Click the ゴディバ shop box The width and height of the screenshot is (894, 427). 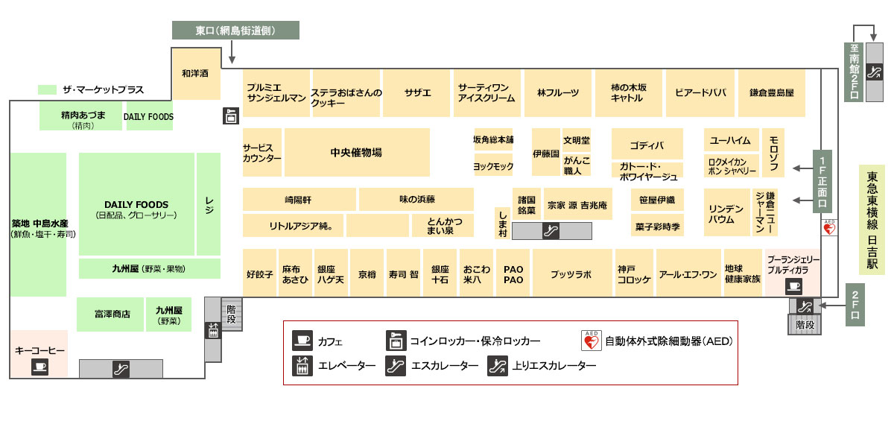click(647, 144)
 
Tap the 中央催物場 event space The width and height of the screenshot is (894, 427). click(357, 152)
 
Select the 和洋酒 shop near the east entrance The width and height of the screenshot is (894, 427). click(195, 74)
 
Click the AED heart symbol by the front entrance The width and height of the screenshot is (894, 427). click(829, 228)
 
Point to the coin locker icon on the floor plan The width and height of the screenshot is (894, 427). click(231, 116)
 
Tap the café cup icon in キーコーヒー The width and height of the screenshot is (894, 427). click(40, 367)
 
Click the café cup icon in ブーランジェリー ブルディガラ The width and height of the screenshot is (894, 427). click(793, 286)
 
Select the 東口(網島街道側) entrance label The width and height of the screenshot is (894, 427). click(235, 31)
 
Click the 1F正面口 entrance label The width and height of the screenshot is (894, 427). click(822, 181)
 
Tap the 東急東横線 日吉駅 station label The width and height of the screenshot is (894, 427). click(872, 220)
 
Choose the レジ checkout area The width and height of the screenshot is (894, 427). click(209, 204)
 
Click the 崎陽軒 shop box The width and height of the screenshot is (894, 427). click(299, 199)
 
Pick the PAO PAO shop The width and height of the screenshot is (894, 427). click(513, 273)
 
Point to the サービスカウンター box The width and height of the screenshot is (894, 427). click(261, 152)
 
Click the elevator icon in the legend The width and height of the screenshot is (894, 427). click(302, 366)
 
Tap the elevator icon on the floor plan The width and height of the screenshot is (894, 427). click(213, 330)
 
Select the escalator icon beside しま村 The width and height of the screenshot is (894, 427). click(551, 231)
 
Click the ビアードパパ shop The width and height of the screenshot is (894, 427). click(700, 93)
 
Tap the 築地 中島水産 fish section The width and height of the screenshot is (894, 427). click(38, 224)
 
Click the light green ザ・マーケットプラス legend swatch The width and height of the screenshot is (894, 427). click(47, 89)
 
